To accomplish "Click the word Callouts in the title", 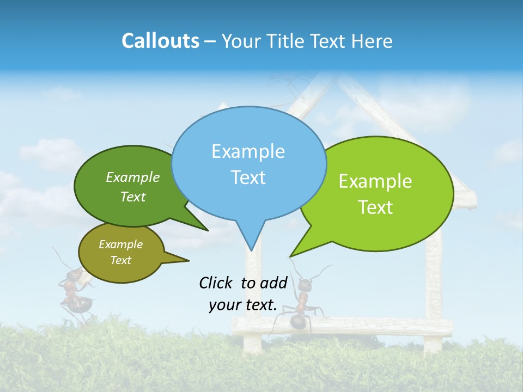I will [x=160, y=41].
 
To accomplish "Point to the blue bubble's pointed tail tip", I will [x=251, y=250].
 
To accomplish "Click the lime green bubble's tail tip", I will [x=291, y=255].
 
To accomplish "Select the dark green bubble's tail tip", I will [x=207, y=230].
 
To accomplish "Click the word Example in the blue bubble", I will [x=248, y=151].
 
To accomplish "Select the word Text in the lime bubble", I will [x=375, y=207].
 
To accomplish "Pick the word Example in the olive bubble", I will [x=120, y=244].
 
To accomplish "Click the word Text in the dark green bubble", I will [x=133, y=197].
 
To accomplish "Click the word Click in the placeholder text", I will [x=216, y=283].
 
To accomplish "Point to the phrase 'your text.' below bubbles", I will [x=243, y=305].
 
